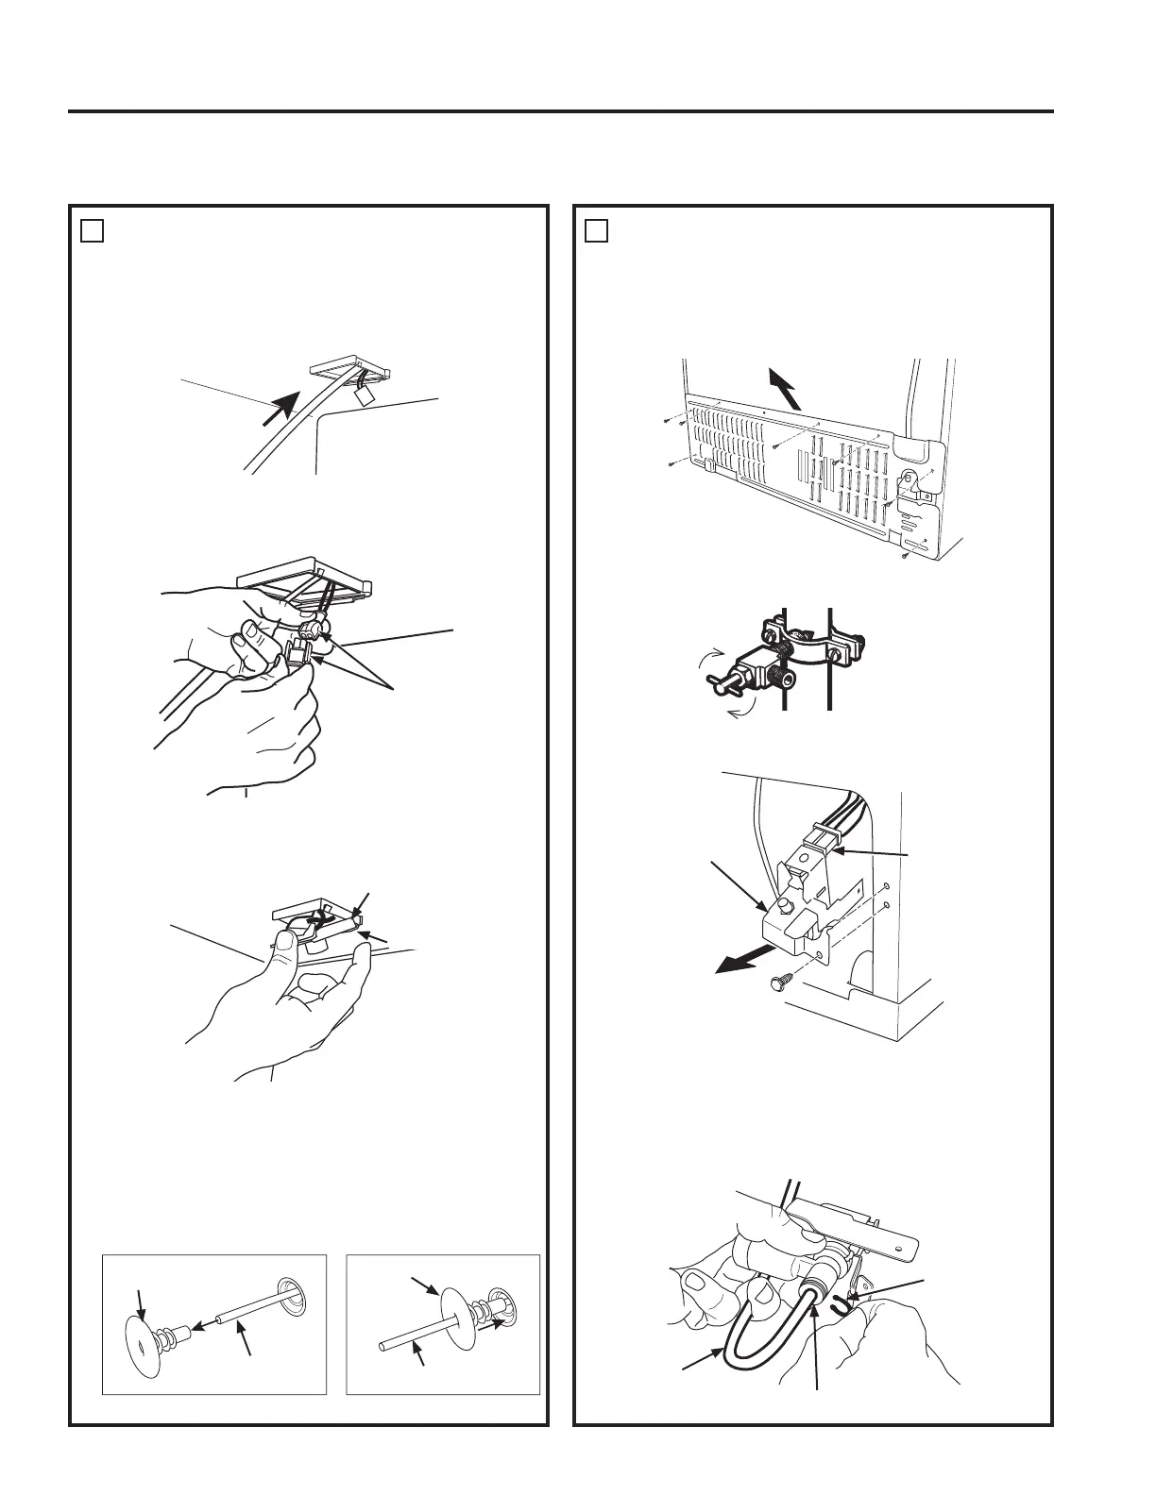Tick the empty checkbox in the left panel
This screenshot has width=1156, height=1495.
tap(91, 230)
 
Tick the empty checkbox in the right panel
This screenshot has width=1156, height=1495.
tap(596, 230)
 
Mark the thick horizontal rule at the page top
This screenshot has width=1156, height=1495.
tap(561, 111)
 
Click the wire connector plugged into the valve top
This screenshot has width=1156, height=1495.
tap(820, 836)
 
